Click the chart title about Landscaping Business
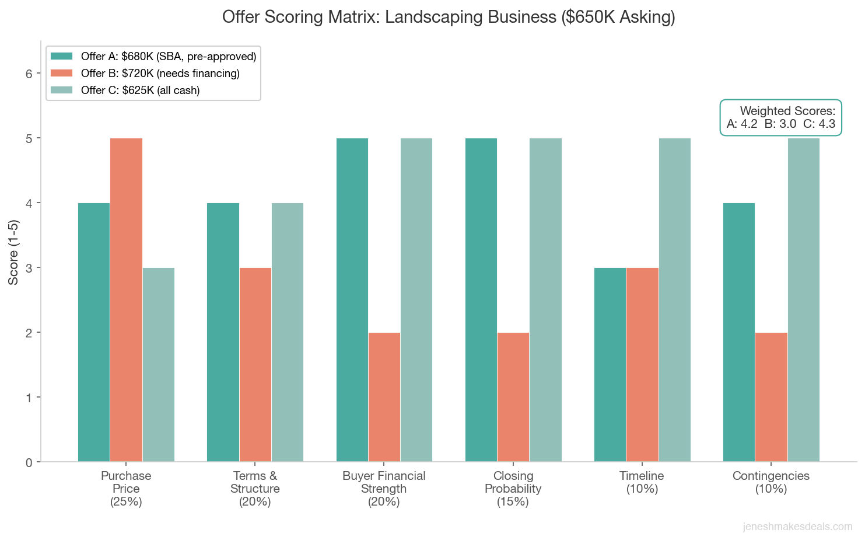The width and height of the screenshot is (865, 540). [449, 17]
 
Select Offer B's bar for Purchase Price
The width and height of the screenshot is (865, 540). [126, 300]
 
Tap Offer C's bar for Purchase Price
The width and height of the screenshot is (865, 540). [159, 365]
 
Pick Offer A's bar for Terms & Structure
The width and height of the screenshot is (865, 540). [223, 333]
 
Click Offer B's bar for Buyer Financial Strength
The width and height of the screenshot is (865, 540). [384, 397]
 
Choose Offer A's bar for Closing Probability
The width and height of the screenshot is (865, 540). [481, 300]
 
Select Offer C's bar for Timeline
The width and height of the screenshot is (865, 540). [675, 300]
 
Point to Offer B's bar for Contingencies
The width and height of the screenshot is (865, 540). [771, 397]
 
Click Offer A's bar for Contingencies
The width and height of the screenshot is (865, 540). [739, 333]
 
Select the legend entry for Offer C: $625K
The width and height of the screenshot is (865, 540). [140, 90]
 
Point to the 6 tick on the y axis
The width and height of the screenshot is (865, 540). [29, 74]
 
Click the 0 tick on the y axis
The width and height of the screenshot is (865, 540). [29, 462]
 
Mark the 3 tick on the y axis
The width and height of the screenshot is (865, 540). [29, 268]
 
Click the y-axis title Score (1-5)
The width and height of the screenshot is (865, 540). [13, 252]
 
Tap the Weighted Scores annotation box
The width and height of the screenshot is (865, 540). [781, 117]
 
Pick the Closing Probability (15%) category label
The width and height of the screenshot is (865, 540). [513, 489]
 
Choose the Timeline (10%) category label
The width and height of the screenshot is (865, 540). [642, 482]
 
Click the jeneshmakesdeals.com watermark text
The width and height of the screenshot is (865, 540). [797, 527]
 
